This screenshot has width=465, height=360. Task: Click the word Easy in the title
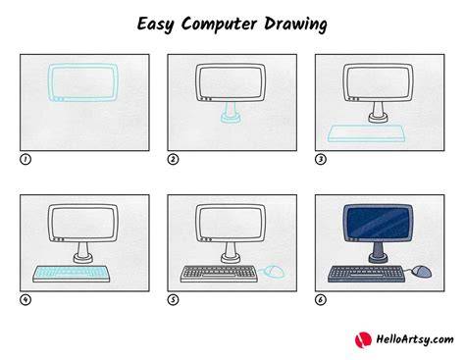(x=155, y=25)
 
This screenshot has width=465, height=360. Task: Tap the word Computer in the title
(x=219, y=25)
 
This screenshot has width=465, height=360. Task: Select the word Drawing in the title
(x=295, y=25)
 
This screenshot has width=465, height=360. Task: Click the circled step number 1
(x=26, y=159)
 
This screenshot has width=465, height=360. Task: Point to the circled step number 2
(x=173, y=159)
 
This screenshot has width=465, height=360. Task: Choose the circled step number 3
(x=321, y=159)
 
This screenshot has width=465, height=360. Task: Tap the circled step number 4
(x=26, y=299)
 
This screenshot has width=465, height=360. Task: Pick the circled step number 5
(x=173, y=299)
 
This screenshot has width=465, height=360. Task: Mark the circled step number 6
(x=321, y=299)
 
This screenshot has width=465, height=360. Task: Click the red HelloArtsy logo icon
(x=363, y=339)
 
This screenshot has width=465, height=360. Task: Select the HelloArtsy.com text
(x=415, y=339)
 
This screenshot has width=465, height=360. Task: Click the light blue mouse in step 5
(x=274, y=271)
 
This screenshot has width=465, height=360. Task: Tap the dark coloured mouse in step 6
(x=421, y=271)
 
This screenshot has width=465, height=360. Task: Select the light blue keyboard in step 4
(x=71, y=274)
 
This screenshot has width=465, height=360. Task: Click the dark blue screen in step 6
(x=378, y=223)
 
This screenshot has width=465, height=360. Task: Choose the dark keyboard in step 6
(x=366, y=274)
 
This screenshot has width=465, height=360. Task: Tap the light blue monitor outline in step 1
(x=49, y=81)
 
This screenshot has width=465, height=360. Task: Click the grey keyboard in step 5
(x=219, y=274)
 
